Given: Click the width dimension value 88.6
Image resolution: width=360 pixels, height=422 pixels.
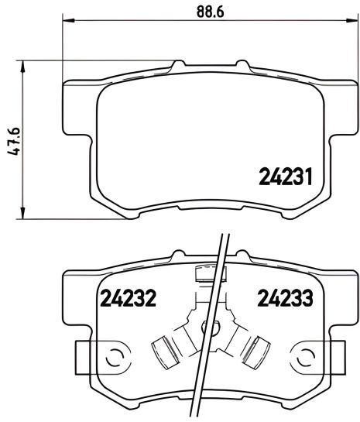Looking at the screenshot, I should click(x=204, y=12).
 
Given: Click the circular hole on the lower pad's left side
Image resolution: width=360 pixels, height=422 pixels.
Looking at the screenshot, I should click(x=113, y=358).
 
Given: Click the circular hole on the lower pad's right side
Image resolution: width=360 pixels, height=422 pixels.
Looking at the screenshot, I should click(x=300, y=358).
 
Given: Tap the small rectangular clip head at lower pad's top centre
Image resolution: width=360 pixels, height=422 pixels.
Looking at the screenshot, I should click(x=207, y=272).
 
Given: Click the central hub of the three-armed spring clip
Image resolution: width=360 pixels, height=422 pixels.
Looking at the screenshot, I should click(x=207, y=328).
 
